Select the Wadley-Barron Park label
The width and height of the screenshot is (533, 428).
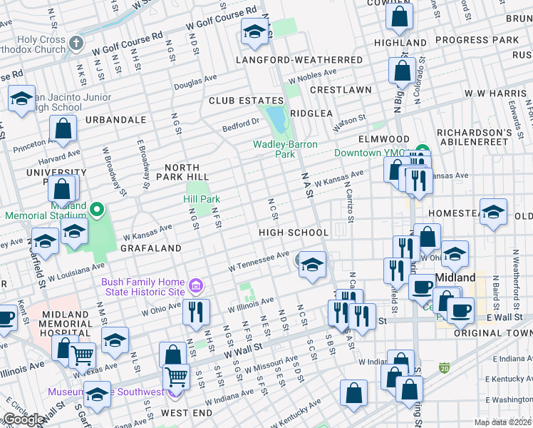click(284, 148)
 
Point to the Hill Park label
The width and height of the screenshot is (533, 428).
click(202, 200)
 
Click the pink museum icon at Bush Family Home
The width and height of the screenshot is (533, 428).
click(197, 287)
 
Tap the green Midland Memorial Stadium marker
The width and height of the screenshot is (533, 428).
click(98, 210)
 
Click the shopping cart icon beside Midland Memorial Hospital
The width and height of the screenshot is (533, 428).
click(83, 353)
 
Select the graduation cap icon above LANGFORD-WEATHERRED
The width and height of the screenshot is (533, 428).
click(254, 32)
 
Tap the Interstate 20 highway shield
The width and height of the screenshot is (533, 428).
click(445, 367)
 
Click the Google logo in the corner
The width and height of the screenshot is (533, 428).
click(24, 419)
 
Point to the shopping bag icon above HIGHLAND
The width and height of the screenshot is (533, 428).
click(400, 15)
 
